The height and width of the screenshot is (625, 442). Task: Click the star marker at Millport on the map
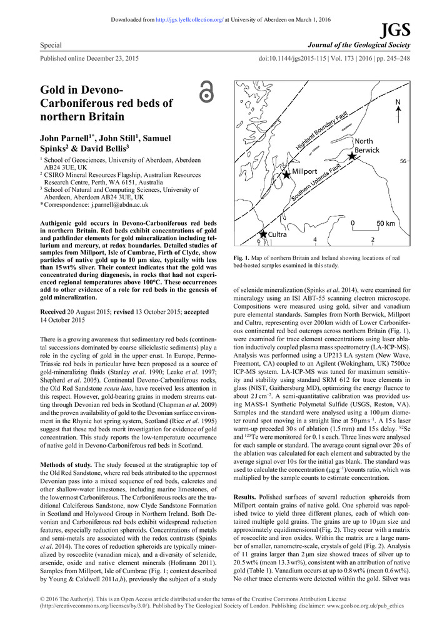[x=286, y=174]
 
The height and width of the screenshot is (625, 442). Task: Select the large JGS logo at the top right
[x=397, y=30]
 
